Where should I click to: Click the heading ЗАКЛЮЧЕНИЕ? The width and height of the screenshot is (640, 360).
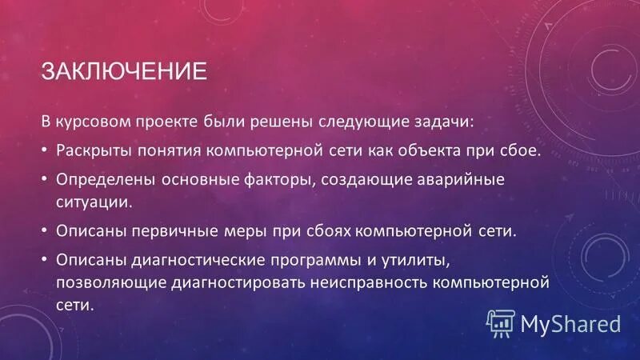tap(124, 71)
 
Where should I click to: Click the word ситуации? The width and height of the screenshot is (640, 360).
tap(94, 201)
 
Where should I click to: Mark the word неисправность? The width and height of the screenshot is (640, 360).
tap(376, 282)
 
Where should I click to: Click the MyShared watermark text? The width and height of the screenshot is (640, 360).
tap(570, 324)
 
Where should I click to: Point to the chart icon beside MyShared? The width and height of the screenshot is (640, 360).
tap(501, 324)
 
